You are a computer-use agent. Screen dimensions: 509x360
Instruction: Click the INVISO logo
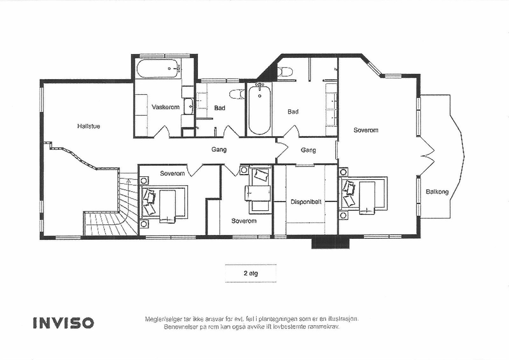tap(63, 323)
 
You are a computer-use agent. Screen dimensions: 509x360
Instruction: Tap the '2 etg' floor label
tap(251, 273)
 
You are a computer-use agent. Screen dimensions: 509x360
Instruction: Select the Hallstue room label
tap(89, 126)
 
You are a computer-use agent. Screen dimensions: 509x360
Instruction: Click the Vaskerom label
tap(166, 107)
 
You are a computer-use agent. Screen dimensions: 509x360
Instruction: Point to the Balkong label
tap(437, 192)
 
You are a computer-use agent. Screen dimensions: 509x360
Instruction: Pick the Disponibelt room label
tap(306, 202)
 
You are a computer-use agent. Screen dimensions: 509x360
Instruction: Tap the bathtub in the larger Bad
tap(260, 109)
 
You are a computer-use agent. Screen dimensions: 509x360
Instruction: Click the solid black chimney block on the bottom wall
tap(330, 243)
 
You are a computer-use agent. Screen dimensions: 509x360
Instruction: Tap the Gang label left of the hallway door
tap(219, 150)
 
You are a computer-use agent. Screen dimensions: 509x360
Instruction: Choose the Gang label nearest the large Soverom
tap(308, 150)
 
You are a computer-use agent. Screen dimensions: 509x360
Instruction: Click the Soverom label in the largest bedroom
tap(366, 130)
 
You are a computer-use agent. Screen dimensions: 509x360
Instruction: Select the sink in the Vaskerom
tap(188, 106)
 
